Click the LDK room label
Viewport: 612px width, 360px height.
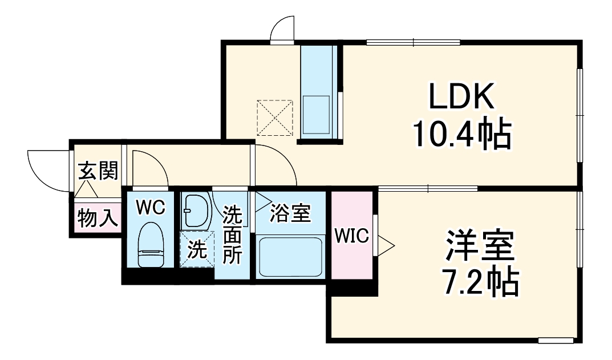click(460, 99)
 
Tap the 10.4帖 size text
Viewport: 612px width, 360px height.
click(460, 134)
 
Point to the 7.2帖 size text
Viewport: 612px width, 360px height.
click(481, 281)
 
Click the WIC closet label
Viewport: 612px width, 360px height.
click(352, 235)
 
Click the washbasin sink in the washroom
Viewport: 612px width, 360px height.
click(196, 211)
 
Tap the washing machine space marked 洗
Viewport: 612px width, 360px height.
click(197, 250)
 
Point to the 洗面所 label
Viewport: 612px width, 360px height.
click(232, 234)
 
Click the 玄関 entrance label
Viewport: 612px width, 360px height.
click(98, 171)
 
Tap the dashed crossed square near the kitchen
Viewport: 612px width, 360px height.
click(275, 118)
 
